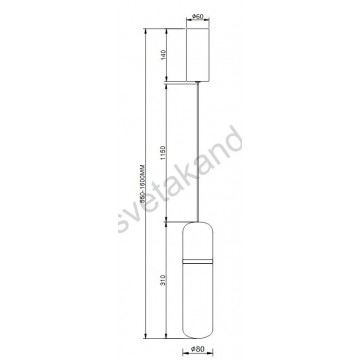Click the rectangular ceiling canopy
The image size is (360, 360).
point(200,55)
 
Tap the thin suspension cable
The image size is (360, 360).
point(200,150)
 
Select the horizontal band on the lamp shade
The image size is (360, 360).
point(200,263)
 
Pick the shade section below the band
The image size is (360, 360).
point(200,300)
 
